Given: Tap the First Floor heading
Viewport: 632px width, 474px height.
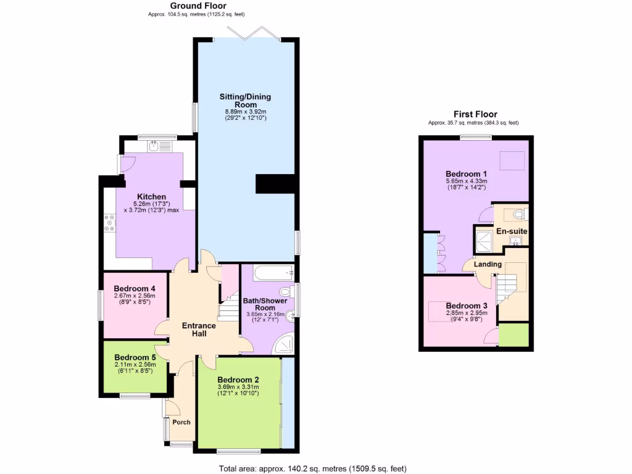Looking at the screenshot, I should point(475,114).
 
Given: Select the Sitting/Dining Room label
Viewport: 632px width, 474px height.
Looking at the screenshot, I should point(246,101).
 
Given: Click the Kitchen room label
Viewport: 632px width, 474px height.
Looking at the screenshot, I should point(151,197).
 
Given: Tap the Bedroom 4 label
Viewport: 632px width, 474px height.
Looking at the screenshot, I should point(135,289).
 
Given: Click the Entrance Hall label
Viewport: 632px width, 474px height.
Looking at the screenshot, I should point(199,330).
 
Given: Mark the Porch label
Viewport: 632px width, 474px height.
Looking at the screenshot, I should point(181,422).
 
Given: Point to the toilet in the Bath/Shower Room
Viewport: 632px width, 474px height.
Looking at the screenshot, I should point(286,292).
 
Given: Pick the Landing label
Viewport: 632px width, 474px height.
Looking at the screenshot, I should point(488,264).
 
